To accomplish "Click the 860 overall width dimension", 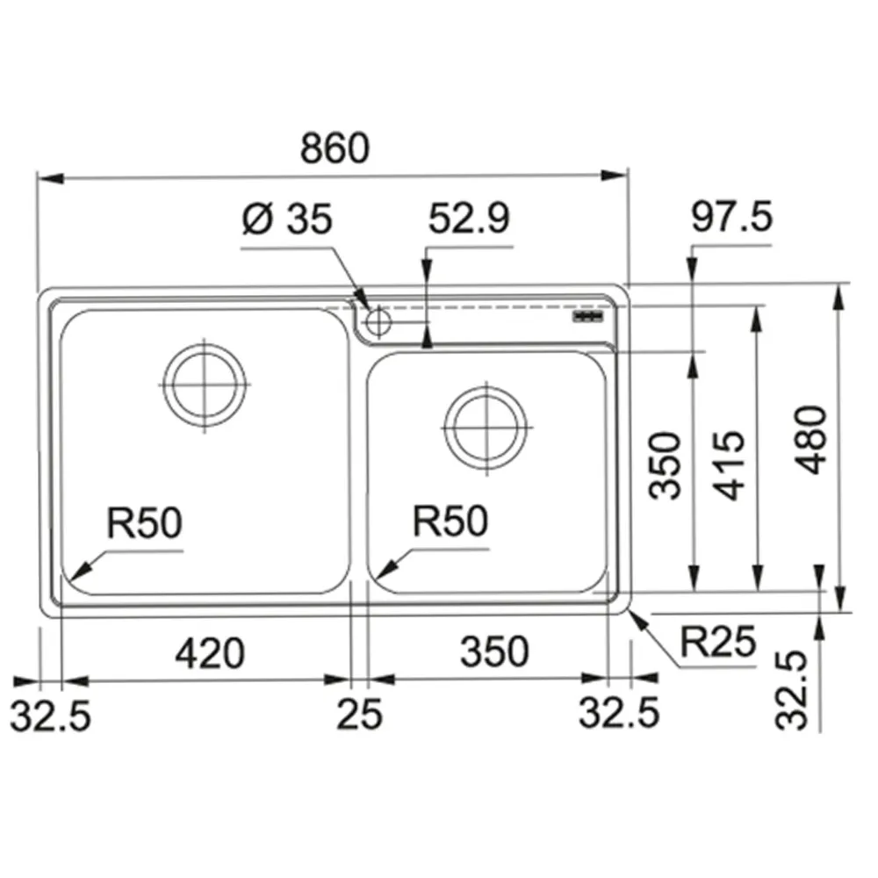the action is tap(335, 148).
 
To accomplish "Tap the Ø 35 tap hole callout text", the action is tap(287, 219).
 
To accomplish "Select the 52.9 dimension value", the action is tap(469, 219).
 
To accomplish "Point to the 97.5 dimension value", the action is tap(732, 217).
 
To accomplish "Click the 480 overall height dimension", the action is tap(810, 440).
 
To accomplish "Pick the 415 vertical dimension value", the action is tap(729, 465).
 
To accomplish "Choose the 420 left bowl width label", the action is tap(210, 653).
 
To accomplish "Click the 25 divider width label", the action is tap(359, 714).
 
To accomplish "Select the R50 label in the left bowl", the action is tap(145, 523).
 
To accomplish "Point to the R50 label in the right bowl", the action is tap(450, 522).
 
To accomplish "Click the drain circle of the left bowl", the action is tap(205, 385).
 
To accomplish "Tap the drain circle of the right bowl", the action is tap(486, 428).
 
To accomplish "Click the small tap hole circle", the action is tap(378, 322).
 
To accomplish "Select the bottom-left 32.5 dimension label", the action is tap(50, 716).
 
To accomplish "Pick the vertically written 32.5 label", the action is tap(792, 690).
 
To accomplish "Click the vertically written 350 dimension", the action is tap(665, 465).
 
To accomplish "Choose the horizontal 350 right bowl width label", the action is tap(494, 651).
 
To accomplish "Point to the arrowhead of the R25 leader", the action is tap(631, 612).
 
